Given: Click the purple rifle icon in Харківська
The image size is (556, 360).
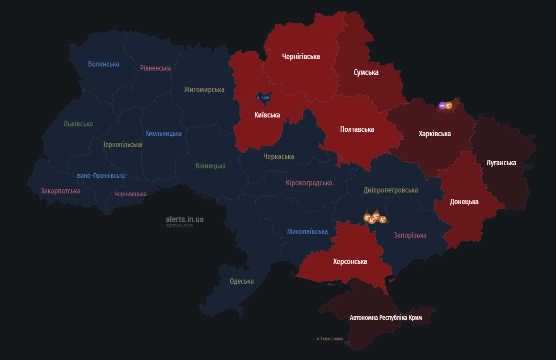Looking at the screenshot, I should click(442, 105).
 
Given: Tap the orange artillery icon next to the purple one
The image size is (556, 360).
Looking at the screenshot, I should click(449, 106).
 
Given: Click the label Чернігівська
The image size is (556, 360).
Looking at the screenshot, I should click(301, 56).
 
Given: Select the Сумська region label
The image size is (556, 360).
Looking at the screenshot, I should click(366, 72).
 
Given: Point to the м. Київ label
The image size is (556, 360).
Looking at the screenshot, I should click(263, 97).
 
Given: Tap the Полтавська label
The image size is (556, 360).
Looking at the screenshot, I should click(357, 129).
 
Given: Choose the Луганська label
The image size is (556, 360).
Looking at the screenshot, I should click(501, 163).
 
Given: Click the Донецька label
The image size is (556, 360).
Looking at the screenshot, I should click(464, 201).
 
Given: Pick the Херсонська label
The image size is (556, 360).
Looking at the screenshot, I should click(350, 261).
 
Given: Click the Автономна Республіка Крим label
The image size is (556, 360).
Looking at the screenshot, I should click(385, 318).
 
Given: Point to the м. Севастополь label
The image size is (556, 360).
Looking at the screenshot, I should click(330, 339).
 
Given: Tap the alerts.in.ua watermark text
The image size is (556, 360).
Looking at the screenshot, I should click(185, 219).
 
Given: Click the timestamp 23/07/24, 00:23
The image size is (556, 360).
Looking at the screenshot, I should click(179, 226).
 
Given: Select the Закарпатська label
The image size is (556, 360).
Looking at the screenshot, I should click(60, 191).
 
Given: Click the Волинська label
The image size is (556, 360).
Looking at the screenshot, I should click(103, 64).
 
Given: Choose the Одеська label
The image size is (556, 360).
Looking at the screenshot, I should click(241, 281).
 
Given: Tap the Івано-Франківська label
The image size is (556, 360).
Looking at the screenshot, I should click(100, 176).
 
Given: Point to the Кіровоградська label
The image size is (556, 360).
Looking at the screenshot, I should click(309, 183).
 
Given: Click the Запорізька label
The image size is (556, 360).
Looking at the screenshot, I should click(410, 235).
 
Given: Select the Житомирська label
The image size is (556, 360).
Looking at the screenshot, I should click(204, 89).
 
